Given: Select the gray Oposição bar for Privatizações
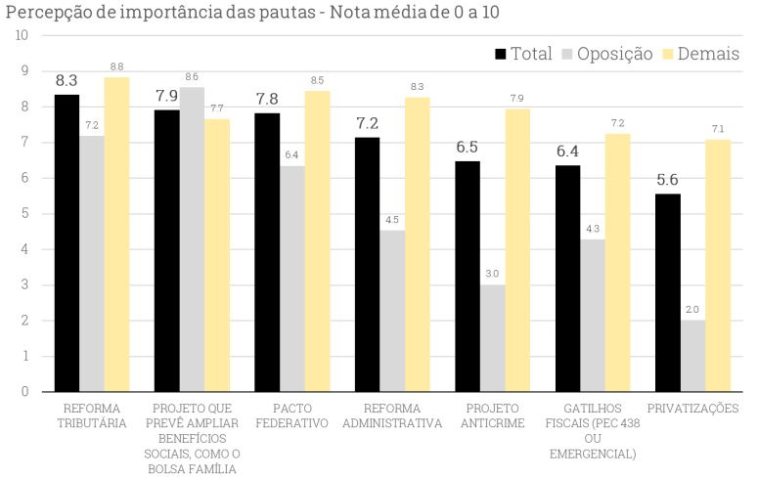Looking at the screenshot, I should (x=692, y=356).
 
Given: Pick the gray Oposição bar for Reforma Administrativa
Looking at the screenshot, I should (x=392, y=311).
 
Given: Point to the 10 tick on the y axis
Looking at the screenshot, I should (x=21, y=35).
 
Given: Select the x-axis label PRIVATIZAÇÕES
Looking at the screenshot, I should (x=692, y=409).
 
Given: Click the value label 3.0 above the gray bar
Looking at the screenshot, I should (x=492, y=275).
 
